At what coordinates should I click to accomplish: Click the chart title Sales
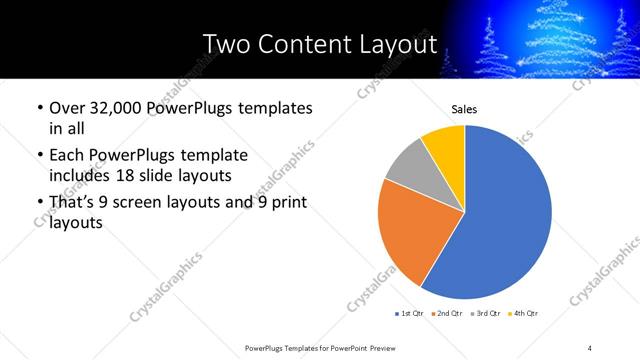coord(464,109)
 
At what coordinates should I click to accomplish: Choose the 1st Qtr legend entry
coord(410,313)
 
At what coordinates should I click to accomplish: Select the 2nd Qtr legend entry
coord(446,313)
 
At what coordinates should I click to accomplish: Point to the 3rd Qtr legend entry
coord(484,313)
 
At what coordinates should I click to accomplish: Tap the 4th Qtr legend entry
coord(522,313)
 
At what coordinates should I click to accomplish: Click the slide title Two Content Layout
coord(320,45)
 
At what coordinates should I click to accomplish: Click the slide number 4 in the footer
coord(590,348)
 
